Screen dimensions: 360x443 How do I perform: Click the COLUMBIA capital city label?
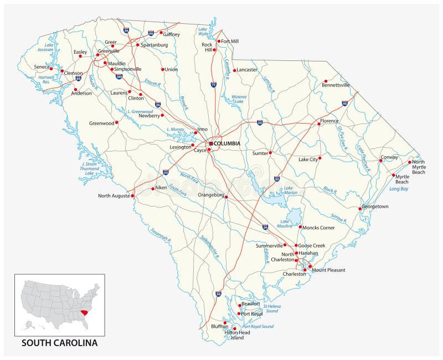click(x=227, y=143)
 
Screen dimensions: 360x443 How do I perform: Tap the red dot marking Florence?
click(x=319, y=125)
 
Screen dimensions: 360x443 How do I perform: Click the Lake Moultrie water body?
click(x=295, y=215)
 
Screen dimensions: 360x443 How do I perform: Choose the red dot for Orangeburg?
click(x=226, y=197)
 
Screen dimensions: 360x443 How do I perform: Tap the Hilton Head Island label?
click(x=237, y=335)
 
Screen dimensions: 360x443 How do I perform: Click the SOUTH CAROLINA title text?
click(x=59, y=343)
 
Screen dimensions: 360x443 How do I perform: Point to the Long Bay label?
click(x=398, y=189)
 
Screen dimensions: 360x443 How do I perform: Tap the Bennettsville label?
click(x=336, y=85)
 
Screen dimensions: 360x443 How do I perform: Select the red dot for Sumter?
click(x=270, y=153)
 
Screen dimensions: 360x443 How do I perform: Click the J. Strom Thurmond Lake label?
click(x=90, y=168)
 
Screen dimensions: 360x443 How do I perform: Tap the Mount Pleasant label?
click(x=328, y=270)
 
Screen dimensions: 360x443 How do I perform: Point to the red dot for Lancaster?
click(x=234, y=70)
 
